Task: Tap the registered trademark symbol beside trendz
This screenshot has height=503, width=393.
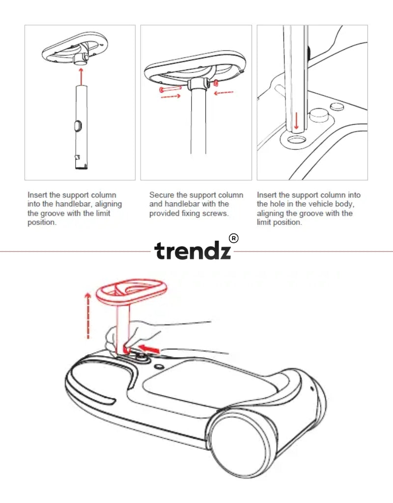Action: (234, 239)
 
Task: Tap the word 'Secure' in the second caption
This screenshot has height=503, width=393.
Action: (161, 195)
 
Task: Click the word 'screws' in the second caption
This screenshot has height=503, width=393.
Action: (217, 213)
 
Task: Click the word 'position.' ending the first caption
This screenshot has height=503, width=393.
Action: (42, 222)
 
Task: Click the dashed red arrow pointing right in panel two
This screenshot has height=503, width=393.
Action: (170, 96)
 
